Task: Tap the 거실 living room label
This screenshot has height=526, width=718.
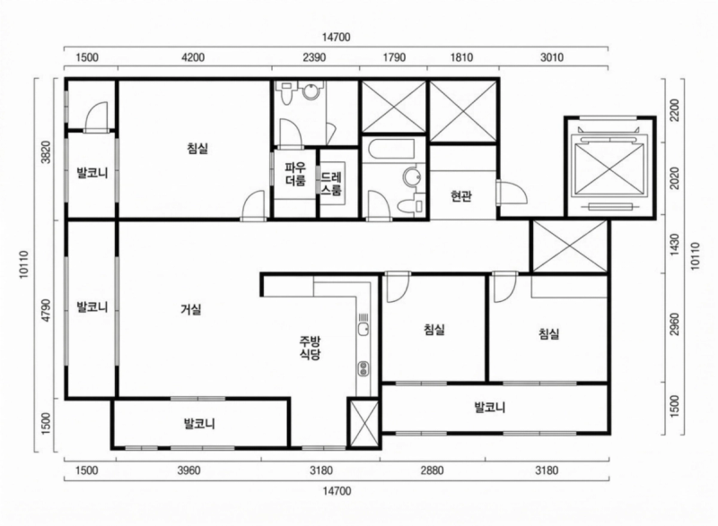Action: point(190,310)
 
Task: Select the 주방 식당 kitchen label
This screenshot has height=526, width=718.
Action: point(311,348)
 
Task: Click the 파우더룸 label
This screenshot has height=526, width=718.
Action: point(295,174)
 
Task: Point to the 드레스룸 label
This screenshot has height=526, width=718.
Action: point(331,183)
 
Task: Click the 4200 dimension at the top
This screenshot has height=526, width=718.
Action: point(193,58)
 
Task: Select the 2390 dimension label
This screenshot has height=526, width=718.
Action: point(314,58)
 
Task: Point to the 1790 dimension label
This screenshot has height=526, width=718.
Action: point(393,58)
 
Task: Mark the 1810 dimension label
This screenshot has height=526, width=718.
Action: point(461,58)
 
